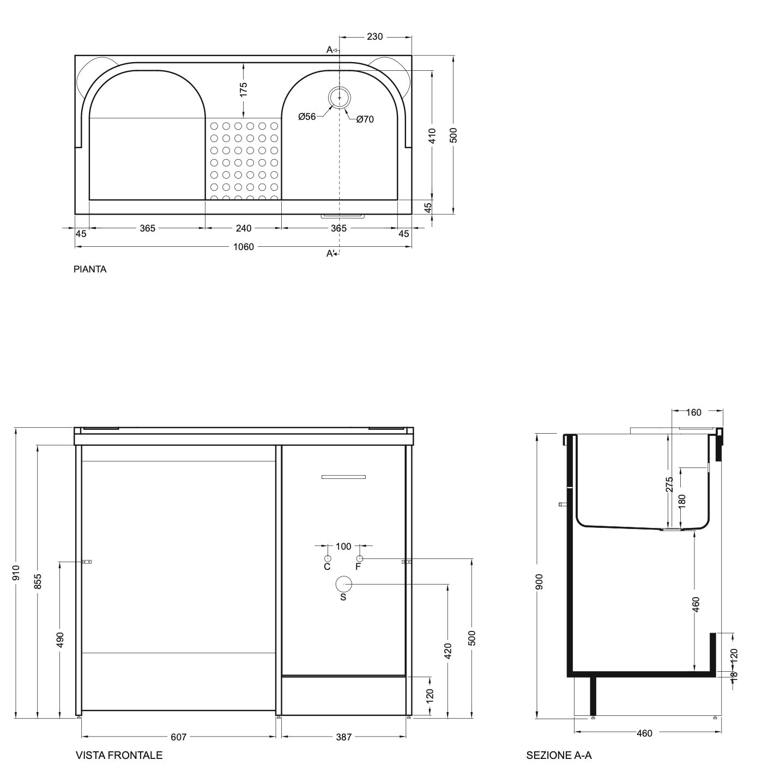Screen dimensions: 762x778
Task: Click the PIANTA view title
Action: coord(90,269)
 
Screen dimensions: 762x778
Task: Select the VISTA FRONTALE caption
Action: coord(119,755)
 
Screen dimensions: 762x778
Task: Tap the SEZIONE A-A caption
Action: coord(559,755)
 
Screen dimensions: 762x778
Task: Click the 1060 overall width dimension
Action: coord(244,247)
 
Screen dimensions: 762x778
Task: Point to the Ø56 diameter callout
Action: coord(307,117)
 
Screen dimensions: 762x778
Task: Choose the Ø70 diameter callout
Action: coord(365,119)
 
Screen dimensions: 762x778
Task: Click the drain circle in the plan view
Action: coord(340,98)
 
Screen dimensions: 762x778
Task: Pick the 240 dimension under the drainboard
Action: coord(244,228)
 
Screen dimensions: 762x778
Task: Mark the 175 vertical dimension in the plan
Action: coord(243,90)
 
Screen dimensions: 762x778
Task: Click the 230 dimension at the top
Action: coord(374,37)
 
